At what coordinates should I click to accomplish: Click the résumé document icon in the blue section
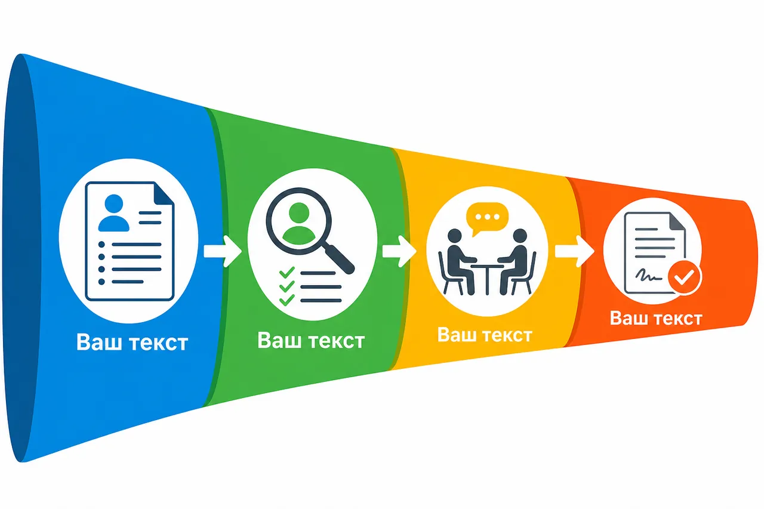pos(130,242)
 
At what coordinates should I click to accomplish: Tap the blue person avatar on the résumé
pos(113,213)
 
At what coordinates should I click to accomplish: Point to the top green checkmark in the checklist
pos(287,272)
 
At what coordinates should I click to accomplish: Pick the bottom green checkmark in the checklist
pos(287,300)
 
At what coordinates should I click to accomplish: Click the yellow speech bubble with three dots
pos(487,219)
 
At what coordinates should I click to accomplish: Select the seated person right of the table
pos(516,261)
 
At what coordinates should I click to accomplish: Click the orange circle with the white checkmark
pos(685,277)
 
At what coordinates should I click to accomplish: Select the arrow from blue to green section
pos(223,251)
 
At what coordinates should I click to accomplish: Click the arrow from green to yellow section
pos(399,251)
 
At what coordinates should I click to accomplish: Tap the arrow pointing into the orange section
pos(575,251)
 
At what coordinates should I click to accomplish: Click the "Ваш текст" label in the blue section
pos(132,342)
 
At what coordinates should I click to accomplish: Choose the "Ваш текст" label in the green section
pos(311,340)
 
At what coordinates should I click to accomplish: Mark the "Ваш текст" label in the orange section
pos(656,318)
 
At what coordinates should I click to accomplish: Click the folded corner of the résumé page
pos(164,193)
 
